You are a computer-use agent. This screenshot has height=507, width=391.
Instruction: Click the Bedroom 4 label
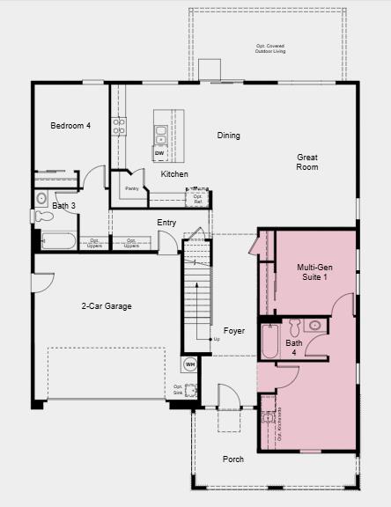coord(70,126)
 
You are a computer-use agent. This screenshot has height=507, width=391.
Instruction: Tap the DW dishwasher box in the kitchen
coord(159,154)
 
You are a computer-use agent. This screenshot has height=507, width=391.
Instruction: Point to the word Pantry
coord(131,188)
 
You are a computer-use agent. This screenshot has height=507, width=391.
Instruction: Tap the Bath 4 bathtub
coord(270,342)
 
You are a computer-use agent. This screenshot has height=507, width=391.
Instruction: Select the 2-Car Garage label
coord(107,306)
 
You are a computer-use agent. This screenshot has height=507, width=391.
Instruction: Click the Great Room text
coord(307,162)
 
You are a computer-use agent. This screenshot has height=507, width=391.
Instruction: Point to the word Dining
coord(229,136)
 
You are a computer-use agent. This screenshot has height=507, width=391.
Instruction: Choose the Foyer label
coord(233,331)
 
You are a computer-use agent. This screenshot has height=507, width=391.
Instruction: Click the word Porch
coord(233,459)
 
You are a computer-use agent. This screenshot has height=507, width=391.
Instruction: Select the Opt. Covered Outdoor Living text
coord(270,48)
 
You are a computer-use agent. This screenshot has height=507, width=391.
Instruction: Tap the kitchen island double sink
coord(161,135)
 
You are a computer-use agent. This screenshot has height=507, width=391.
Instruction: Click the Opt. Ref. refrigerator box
coord(198,198)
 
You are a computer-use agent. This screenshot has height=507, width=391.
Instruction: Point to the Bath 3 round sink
coord(41,198)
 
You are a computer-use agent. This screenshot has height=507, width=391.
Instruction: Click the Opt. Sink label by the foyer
coord(179,390)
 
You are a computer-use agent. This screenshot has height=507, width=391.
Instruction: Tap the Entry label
coord(166,223)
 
